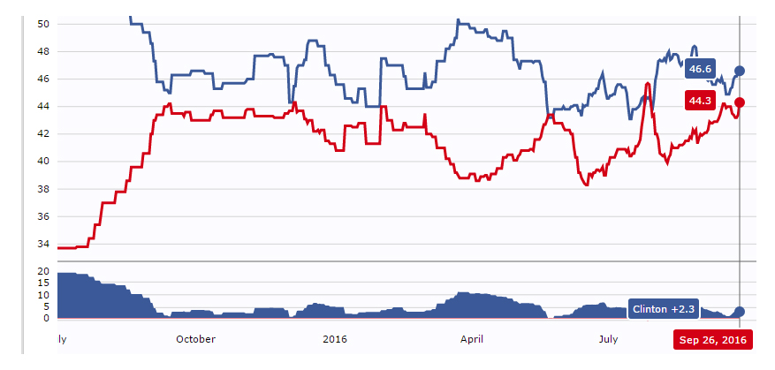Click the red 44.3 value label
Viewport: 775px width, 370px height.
(x=699, y=101)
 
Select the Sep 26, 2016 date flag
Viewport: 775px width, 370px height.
(x=712, y=340)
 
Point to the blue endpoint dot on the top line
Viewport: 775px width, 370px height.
(x=740, y=70)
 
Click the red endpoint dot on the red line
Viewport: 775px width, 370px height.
(x=740, y=102)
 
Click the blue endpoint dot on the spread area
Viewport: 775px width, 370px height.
(x=740, y=311)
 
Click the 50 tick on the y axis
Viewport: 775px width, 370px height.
(x=43, y=24)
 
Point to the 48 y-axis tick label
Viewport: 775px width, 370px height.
(x=43, y=51)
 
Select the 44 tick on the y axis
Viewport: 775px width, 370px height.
(x=43, y=106)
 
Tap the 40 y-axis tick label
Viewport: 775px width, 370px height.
(x=43, y=161)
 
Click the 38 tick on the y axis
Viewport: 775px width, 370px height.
(x=43, y=189)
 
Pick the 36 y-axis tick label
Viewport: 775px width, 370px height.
(x=43, y=216)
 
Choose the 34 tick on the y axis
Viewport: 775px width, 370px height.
(x=43, y=244)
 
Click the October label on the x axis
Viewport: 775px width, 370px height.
(x=195, y=339)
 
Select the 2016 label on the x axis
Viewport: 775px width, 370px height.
(x=335, y=339)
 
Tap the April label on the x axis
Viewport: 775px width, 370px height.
(x=473, y=339)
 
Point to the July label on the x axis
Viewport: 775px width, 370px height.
(x=608, y=339)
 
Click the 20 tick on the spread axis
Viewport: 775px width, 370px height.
(x=43, y=271)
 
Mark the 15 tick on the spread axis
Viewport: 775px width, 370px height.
(x=43, y=283)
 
